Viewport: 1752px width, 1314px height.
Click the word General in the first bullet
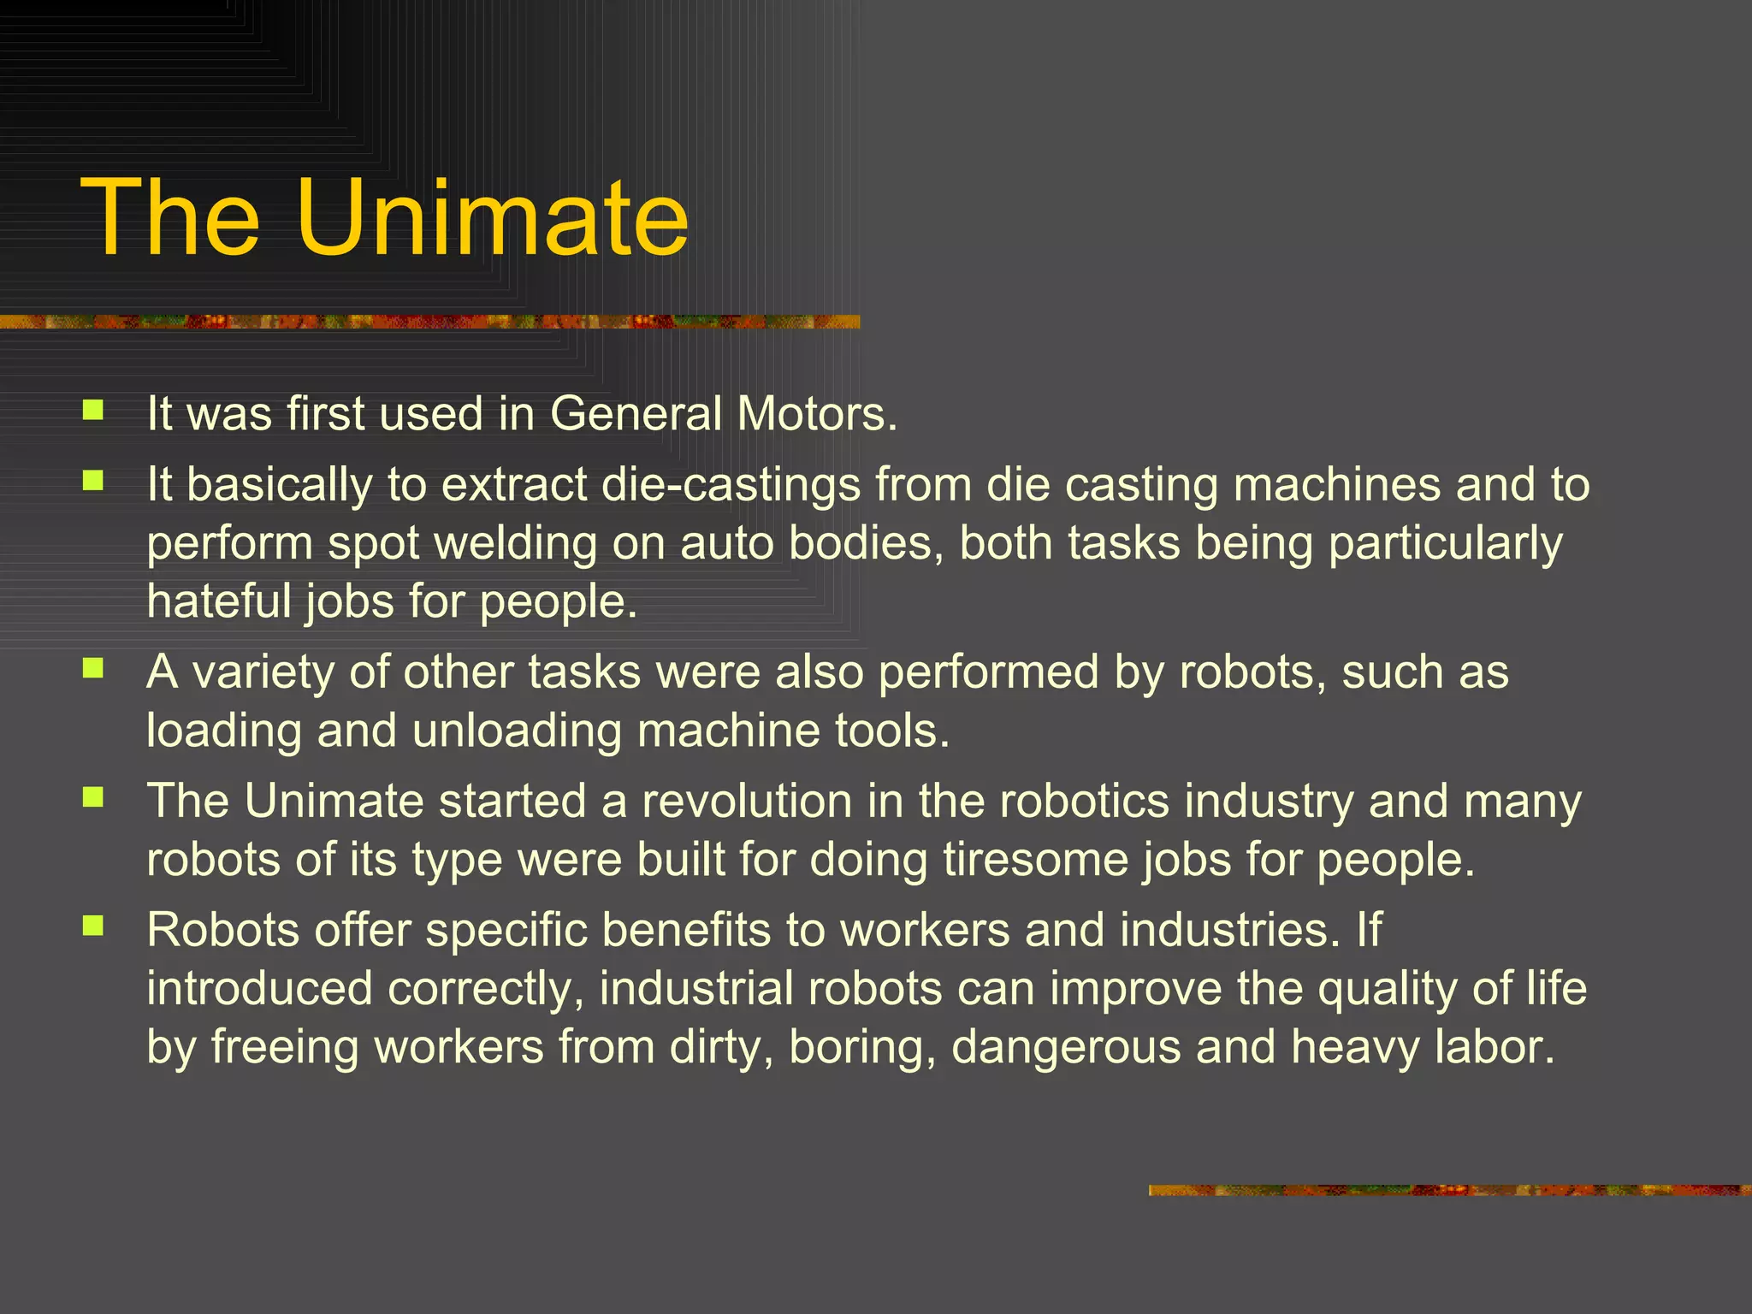pos(636,414)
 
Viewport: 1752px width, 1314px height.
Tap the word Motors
pos(817,414)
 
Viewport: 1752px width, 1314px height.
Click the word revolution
pos(747,802)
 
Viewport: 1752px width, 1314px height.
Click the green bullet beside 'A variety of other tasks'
pos(93,668)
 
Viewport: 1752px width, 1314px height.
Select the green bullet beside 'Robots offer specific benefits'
pos(93,926)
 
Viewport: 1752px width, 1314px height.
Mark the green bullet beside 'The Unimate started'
pos(93,797)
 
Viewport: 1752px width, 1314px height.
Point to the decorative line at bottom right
pos(1449,1190)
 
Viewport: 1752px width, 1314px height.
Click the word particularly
pos(1445,543)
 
